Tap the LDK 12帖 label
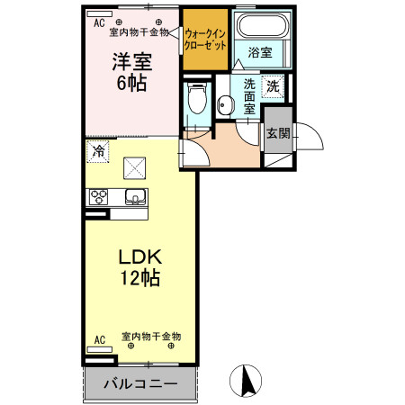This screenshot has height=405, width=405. (x=139, y=266)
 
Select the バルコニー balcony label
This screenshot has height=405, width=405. (x=139, y=382)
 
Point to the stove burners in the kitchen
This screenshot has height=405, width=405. (x=98, y=197)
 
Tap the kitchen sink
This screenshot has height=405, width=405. (x=136, y=198)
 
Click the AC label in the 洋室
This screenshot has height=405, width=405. (x=99, y=21)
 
